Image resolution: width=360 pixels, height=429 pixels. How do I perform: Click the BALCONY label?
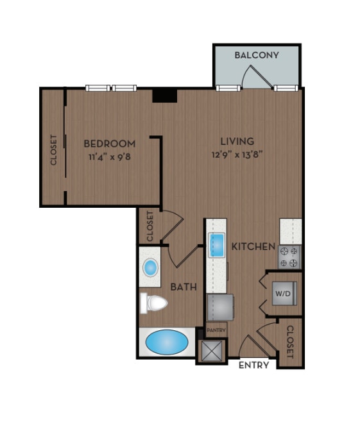click(x=257, y=55)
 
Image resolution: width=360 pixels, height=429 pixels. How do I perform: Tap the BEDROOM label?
click(x=110, y=143)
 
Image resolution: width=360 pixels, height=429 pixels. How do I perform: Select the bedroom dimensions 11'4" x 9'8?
click(x=110, y=155)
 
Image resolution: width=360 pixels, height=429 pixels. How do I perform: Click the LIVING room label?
click(x=237, y=141)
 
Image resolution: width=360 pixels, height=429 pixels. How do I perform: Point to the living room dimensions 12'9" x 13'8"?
click(x=237, y=154)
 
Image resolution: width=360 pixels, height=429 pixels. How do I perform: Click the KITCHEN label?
click(x=253, y=246)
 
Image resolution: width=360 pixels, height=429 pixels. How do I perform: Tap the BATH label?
click(x=184, y=287)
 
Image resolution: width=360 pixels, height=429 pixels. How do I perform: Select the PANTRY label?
click(x=215, y=331)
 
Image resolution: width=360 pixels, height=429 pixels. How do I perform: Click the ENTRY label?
click(x=253, y=366)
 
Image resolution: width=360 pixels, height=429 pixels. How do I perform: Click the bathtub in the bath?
click(x=166, y=342)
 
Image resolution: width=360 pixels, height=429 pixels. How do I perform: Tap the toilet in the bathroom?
click(x=152, y=303)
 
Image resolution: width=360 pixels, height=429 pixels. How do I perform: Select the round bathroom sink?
click(x=151, y=267)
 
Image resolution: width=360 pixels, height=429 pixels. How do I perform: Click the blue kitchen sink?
click(x=216, y=246)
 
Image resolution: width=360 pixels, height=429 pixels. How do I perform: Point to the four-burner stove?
click(x=290, y=257)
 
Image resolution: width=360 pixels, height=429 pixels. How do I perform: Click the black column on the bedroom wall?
click(x=164, y=95)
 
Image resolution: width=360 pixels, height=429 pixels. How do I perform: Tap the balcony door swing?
click(x=253, y=76)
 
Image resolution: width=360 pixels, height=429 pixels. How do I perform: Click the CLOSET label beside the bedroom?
click(x=54, y=149)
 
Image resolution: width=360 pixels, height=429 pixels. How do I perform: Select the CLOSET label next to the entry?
click(x=290, y=342)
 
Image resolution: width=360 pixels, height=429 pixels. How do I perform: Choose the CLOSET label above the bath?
click(x=150, y=226)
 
